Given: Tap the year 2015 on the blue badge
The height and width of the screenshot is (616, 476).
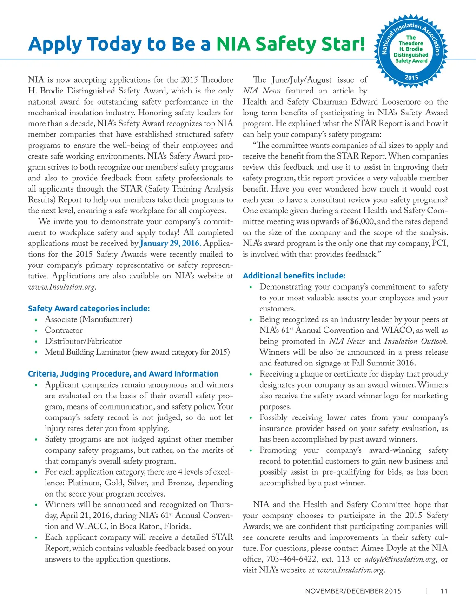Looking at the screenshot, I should [411, 78].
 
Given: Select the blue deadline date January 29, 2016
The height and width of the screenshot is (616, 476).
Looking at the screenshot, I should [170, 243].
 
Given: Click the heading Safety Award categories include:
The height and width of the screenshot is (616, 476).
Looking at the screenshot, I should [89, 308].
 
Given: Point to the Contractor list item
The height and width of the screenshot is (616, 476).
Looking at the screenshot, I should [64, 330].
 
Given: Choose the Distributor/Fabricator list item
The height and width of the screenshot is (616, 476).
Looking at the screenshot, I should [83, 341].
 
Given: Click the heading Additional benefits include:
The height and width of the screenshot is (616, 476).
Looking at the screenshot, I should [294, 276].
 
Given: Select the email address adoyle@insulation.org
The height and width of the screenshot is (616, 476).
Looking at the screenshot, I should [400, 559].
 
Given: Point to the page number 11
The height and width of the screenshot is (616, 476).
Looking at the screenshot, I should [444, 591].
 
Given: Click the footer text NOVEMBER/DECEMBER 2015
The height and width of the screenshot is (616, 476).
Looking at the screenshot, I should [353, 591].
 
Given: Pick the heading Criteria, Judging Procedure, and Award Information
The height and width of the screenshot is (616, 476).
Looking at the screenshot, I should [123, 374].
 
